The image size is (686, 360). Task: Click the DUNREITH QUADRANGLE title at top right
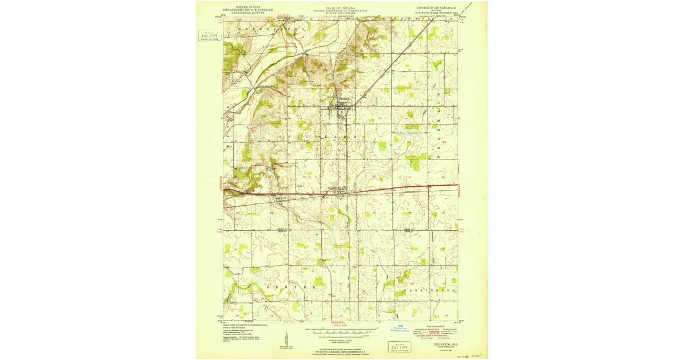[436, 7]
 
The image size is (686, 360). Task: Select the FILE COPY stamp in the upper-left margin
[210, 35]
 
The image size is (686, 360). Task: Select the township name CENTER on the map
[297, 286]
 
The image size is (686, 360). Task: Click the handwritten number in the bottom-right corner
[472, 354]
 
